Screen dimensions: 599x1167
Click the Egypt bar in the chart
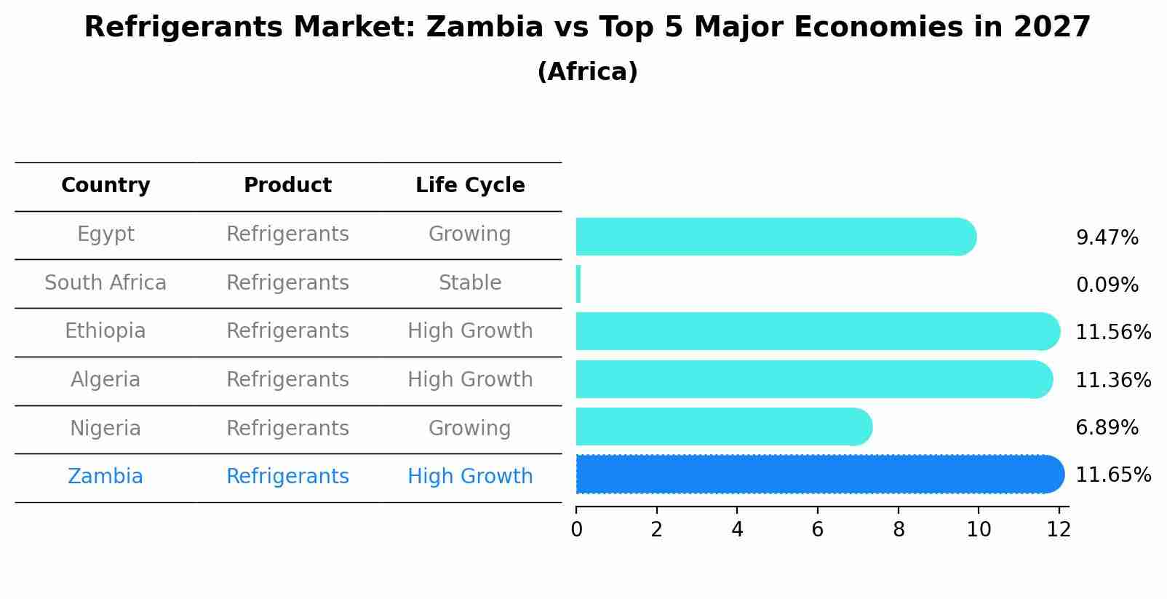coord(775,237)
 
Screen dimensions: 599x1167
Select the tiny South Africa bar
coord(578,284)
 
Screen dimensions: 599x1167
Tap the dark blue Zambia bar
coord(819,475)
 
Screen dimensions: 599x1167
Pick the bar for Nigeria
coord(723,427)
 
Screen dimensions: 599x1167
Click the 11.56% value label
coord(1112,333)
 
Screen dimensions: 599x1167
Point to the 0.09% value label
coord(1107,285)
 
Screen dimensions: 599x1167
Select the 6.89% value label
coord(1107,428)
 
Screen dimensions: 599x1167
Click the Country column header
coord(105,186)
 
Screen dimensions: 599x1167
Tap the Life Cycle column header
coord(470,186)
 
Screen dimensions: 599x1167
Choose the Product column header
coord(287,186)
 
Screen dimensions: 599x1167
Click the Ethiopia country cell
coord(105,331)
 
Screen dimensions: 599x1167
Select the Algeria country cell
coord(105,380)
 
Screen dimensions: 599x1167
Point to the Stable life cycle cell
coord(470,283)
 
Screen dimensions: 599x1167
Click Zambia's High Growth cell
coord(470,477)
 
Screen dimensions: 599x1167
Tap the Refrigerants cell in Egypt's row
coord(287,234)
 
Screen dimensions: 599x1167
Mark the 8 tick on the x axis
coord(899,530)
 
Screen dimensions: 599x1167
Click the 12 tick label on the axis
coord(1059,530)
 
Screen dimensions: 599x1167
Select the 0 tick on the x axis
coord(576,530)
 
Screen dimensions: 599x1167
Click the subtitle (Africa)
coord(587,72)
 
